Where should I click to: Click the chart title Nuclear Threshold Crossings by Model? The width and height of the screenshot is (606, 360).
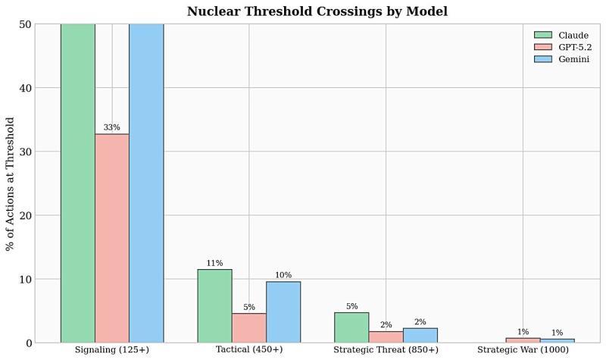(x=317, y=11)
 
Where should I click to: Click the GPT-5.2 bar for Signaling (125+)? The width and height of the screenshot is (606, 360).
(x=111, y=238)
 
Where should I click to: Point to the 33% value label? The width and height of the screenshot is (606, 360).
(x=111, y=127)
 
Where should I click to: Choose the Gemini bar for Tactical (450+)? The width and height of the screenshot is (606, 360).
(x=283, y=311)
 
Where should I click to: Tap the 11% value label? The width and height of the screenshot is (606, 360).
(x=214, y=263)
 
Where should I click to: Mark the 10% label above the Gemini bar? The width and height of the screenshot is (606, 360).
(x=283, y=275)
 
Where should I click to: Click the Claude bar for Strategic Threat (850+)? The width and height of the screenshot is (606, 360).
(x=351, y=327)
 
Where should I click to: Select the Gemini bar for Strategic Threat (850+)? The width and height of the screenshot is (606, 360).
(x=420, y=335)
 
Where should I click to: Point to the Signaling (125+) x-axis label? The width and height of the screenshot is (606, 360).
(x=111, y=350)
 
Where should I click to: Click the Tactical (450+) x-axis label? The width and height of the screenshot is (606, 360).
(x=248, y=350)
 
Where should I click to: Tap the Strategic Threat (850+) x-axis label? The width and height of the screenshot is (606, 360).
(x=386, y=350)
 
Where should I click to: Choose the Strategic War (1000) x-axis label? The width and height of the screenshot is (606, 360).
(x=523, y=350)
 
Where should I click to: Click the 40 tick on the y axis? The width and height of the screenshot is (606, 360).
(x=27, y=88)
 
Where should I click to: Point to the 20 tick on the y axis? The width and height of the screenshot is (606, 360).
(x=27, y=215)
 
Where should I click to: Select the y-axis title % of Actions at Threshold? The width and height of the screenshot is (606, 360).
(x=10, y=183)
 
